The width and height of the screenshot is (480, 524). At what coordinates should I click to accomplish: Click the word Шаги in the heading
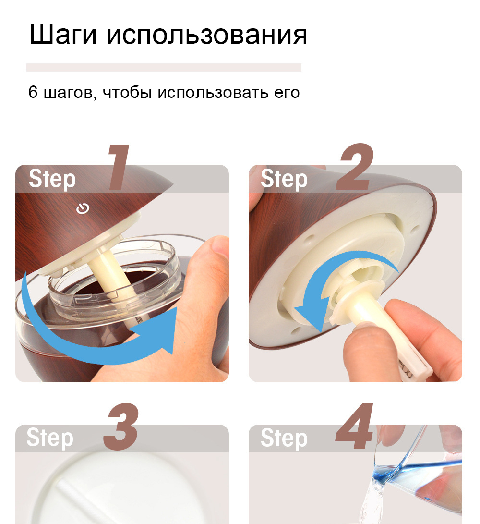(63, 34)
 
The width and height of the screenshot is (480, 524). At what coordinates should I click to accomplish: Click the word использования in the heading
(207, 35)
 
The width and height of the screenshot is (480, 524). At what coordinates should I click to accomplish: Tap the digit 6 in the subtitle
(33, 92)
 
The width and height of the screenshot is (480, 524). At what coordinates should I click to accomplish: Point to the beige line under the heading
(164, 67)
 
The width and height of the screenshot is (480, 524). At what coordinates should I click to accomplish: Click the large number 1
(119, 168)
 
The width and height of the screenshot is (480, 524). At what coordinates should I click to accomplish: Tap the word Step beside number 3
(50, 438)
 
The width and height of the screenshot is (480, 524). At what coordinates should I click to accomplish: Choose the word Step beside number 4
(284, 438)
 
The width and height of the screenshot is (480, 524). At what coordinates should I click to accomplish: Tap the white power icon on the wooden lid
(83, 208)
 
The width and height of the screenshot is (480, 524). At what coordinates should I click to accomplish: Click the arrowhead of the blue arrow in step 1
(157, 329)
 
